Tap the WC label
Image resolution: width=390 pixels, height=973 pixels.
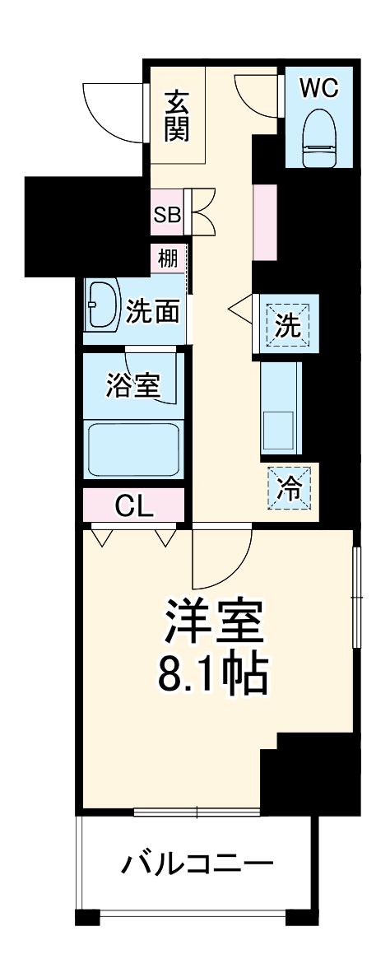click(x=318, y=88)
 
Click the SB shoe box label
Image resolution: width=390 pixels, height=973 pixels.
click(x=166, y=215)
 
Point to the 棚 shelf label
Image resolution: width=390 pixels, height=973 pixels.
click(x=167, y=258)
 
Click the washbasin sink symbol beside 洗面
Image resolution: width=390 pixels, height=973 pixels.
click(x=102, y=305)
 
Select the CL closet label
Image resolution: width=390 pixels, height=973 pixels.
click(x=133, y=506)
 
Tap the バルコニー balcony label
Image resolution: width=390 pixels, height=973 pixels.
click(x=197, y=864)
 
